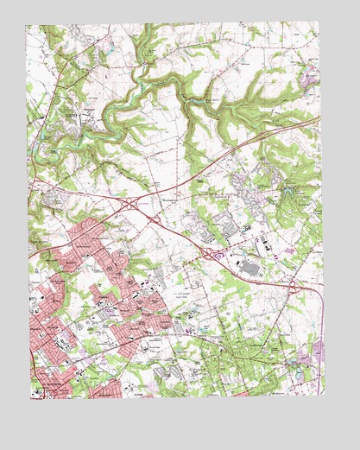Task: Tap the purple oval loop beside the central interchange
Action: tap(218, 257)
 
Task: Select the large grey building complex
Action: tap(250, 270)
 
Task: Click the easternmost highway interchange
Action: tap(294, 286)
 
